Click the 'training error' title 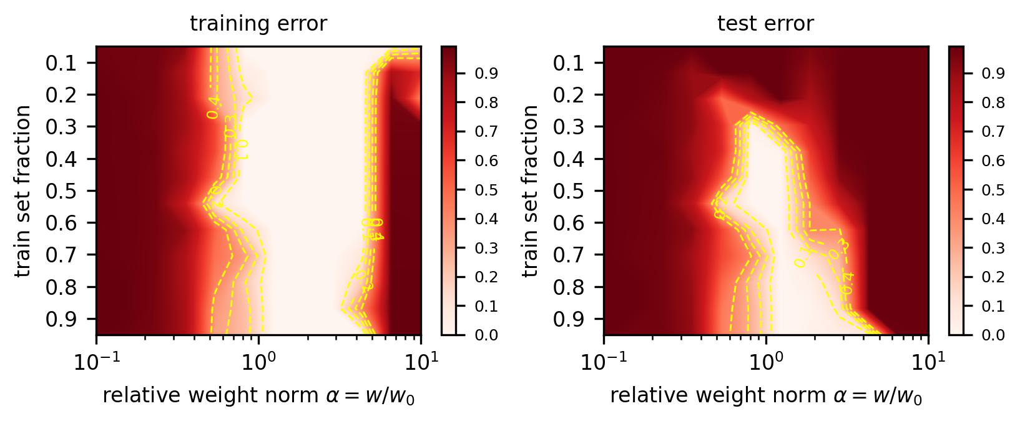click(258, 24)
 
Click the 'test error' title click(765, 24)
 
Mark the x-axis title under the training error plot click(258, 396)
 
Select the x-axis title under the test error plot click(765, 396)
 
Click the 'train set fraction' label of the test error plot click(532, 191)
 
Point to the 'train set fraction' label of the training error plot click(24, 191)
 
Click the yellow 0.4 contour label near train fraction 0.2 click(213, 107)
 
